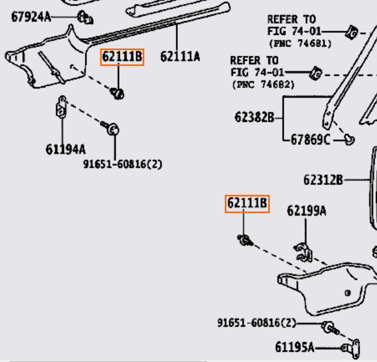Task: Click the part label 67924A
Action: click(30, 17)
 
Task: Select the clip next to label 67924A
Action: click(86, 18)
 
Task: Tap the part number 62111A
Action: click(180, 56)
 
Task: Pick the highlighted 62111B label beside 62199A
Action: click(247, 204)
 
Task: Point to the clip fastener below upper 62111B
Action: click(118, 94)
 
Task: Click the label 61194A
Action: click(65, 149)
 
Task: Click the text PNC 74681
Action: click(300, 43)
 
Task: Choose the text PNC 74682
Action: click(263, 84)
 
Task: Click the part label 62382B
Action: click(254, 117)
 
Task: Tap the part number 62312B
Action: click(323, 180)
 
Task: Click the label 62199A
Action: click(306, 211)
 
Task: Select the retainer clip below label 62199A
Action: click(304, 250)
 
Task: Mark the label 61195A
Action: click(294, 347)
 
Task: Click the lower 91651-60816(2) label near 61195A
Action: click(256, 323)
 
